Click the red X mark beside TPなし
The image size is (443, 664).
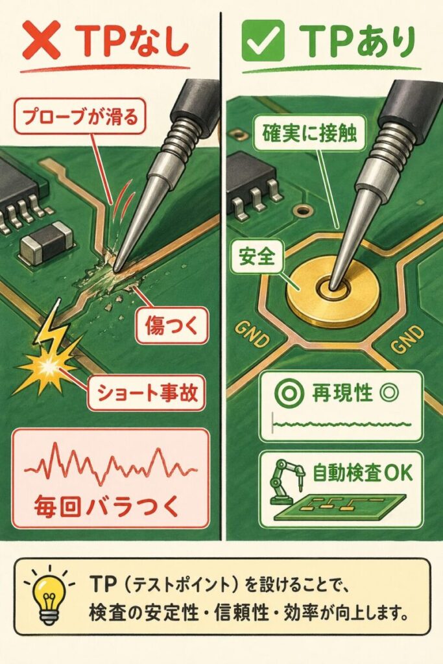coord(42,40)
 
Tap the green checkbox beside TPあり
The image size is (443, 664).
coord(263,40)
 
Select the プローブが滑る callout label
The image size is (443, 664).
coord(80,116)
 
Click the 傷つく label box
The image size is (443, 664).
coord(171,326)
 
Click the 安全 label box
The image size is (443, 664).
coord(257,256)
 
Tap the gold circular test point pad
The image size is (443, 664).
coord(333,292)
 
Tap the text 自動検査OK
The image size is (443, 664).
coord(363,472)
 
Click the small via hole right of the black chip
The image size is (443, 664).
coord(302,209)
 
